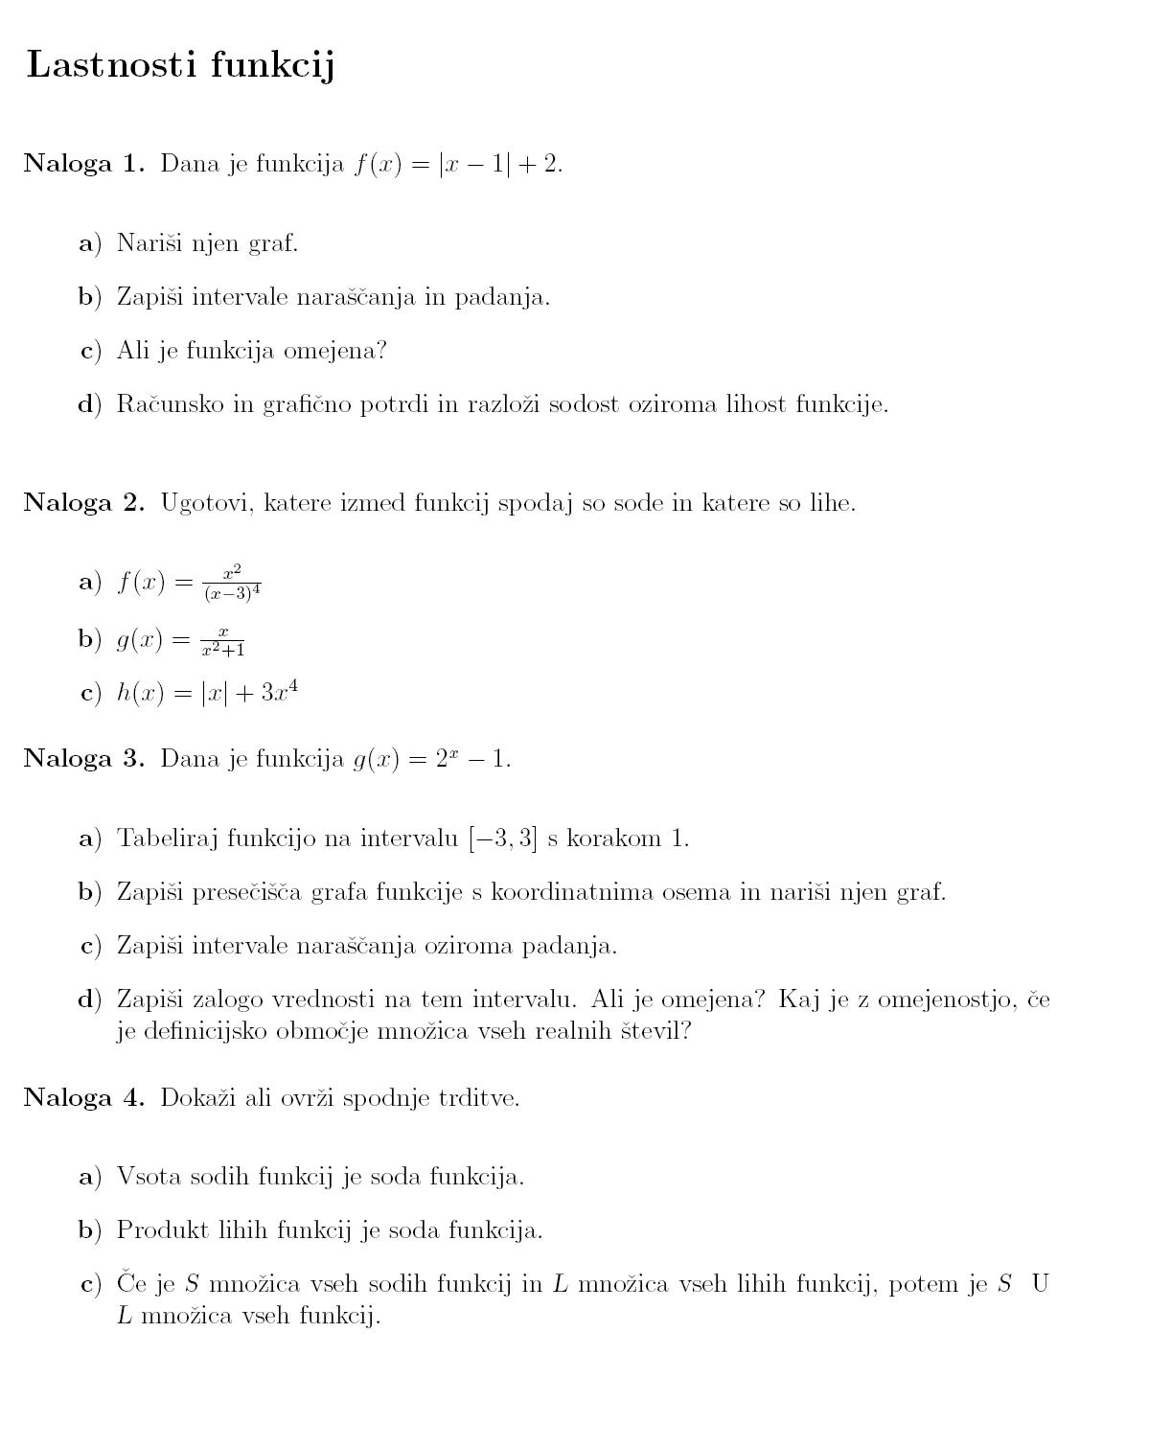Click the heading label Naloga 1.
pyautogui.click(x=83, y=164)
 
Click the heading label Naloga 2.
pyautogui.click(x=83, y=503)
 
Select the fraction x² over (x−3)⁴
pyautogui.click(x=232, y=583)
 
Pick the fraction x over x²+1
pyautogui.click(x=223, y=640)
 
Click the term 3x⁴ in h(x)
pyautogui.click(x=279, y=692)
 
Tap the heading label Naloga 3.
pyautogui.click(x=83, y=759)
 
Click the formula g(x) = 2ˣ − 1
pyautogui.click(x=432, y=759)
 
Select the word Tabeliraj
pyautogui.click(x=165, y=839)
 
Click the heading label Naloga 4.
pyautogui.click(x=83, y=1098)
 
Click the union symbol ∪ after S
pyautogui.click(x=1040, y=1284)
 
